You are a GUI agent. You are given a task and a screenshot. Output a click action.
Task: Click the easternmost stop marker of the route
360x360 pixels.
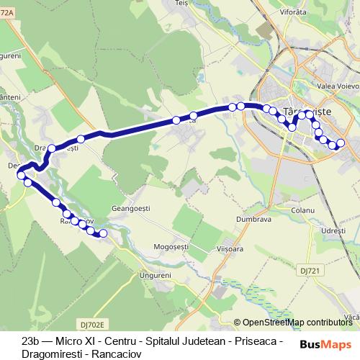pyautogui.click(x=341, y=143)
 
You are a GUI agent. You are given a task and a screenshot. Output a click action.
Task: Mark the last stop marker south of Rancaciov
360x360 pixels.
pyautogui.click(x=102, y=233)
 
